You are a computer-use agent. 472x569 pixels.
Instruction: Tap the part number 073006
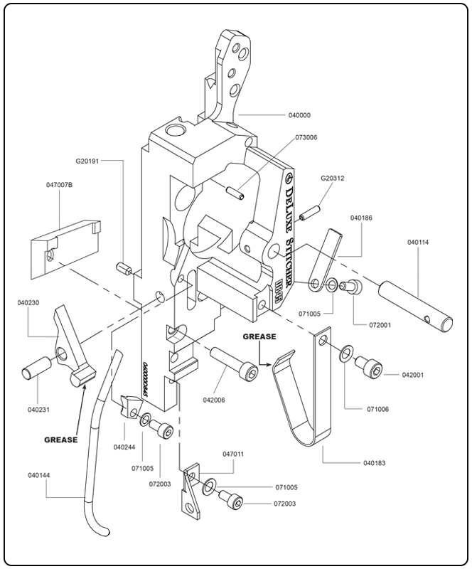tap(306, 137)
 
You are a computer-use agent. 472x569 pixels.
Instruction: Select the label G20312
tap(332, 178)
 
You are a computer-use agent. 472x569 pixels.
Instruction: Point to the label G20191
tap(90, 161)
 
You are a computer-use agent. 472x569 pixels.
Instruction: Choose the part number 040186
tap(363, 218)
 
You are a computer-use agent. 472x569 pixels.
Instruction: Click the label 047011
tap(234, 452)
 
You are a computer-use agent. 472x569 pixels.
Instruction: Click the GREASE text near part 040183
tap(258, 336)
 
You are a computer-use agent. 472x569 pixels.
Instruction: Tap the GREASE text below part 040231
tap(62, 440)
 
